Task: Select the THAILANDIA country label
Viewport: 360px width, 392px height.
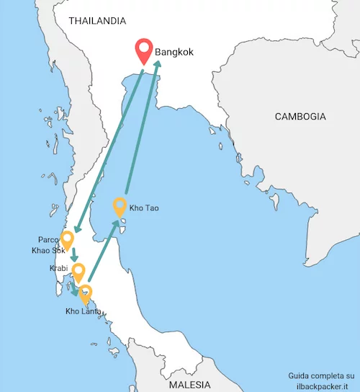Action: point(96,21)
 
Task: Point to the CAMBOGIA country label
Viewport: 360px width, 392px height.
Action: point(301,116)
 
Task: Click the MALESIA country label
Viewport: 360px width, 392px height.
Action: point(191,383)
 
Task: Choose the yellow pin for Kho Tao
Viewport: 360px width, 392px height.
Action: point(120,206)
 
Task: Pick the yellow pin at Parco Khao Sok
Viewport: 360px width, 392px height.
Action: point(68,240)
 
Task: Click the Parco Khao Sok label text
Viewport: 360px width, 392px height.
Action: point(48,245)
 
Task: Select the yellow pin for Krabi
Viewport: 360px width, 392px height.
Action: point(78,272)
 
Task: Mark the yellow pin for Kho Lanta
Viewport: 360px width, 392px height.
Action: point(86,294)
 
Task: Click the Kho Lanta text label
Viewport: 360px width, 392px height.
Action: point(81,311)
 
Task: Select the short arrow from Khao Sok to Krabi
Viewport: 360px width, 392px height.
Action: point(73,254)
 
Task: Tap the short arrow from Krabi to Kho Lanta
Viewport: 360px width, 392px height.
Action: point(75,290)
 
